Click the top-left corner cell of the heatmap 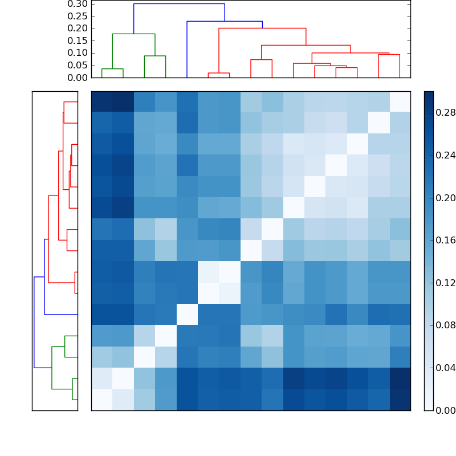[x=101, y=101]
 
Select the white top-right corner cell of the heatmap [x=400, y=101]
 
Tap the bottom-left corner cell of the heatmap [x=101, y=400]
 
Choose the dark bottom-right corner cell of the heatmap [x=400, y=400]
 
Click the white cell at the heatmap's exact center [x=251, y=251]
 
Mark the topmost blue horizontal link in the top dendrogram [x=179, y=4]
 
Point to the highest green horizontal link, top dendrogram [x=133, y=34]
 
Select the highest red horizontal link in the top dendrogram [x=262, y=28]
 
